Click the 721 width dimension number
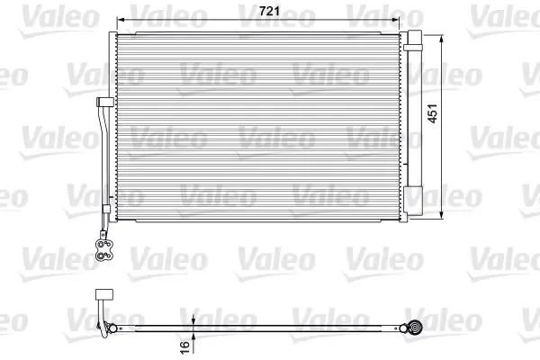tap(269, 11)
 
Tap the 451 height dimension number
tap(432, 113)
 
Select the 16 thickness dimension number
tap(184, 346)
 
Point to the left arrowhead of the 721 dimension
tap(121, 19)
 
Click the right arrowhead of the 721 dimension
tap(396, 19)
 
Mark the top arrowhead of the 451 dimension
tap(442, 39)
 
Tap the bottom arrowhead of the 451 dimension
tap(442, 215)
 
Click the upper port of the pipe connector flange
tap(101, 244)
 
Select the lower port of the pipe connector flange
tap(101, 256)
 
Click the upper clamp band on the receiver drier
tap(413, 48)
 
